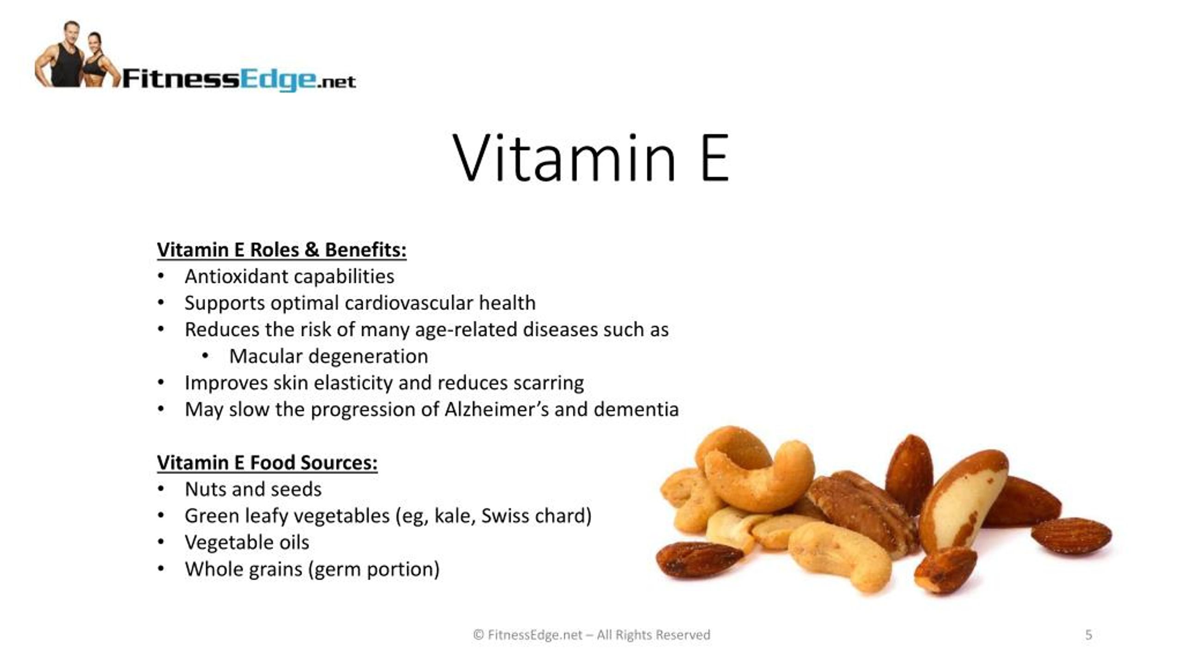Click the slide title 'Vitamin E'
pyautogui.click(x=591, y=158)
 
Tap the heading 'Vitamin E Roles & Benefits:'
pyautogui.click(x=282, y=250)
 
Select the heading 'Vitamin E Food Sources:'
pyautogui.click(x=267, y=462)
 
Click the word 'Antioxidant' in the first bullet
pyautogui.click(x=236, y=276)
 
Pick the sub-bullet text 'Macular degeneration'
pyautogui.click(x=329, y=356)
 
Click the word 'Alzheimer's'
pyautogui.click(x=496, y=409)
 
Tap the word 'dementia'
pyautogui.click(x=636, y=409)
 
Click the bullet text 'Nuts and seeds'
pyautogui.click(x=253, y=489)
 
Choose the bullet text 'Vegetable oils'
pyautogui.click(x=247, y=543)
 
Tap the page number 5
pyautogui.click(x=1088, y=635)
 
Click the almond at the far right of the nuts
pyautogui.click(x=1071, y=536)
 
